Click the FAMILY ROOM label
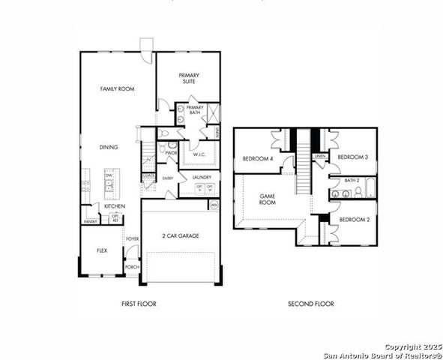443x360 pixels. pos(117,88)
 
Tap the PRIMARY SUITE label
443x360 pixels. pos(187,78)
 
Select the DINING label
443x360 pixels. pos(108,147)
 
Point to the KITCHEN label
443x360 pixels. pos(115,205)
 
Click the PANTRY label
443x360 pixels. pos(91,221)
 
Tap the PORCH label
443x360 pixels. pos(133,266)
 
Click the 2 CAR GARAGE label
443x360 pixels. pos(181,235)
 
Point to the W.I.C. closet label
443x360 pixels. pos(199,154)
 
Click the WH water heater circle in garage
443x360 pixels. pos(214,204)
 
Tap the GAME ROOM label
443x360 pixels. pos(268,198)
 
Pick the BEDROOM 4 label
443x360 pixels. pos(256,158)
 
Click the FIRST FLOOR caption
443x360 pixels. pos(139,304)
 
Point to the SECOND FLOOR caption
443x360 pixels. pos(311,304)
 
